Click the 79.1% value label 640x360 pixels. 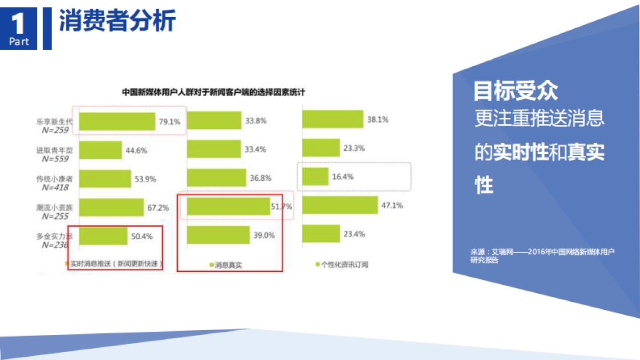tap(169, 122)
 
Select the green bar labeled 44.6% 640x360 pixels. tap(100, 150)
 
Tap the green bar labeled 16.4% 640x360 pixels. tap(315, 177)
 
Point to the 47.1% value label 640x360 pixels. tap(392, 205)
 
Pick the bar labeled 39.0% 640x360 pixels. tap(218, 235)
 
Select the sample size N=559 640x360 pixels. tap(54, 158)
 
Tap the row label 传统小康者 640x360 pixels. tap(54, 179)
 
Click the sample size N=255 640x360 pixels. tap(54, 216)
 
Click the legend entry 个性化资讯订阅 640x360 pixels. tap(344, 265)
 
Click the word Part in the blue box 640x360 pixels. tap(19, 42)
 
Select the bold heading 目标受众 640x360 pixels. tap(516, 91)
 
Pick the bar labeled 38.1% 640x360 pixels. tap(332, 119)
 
